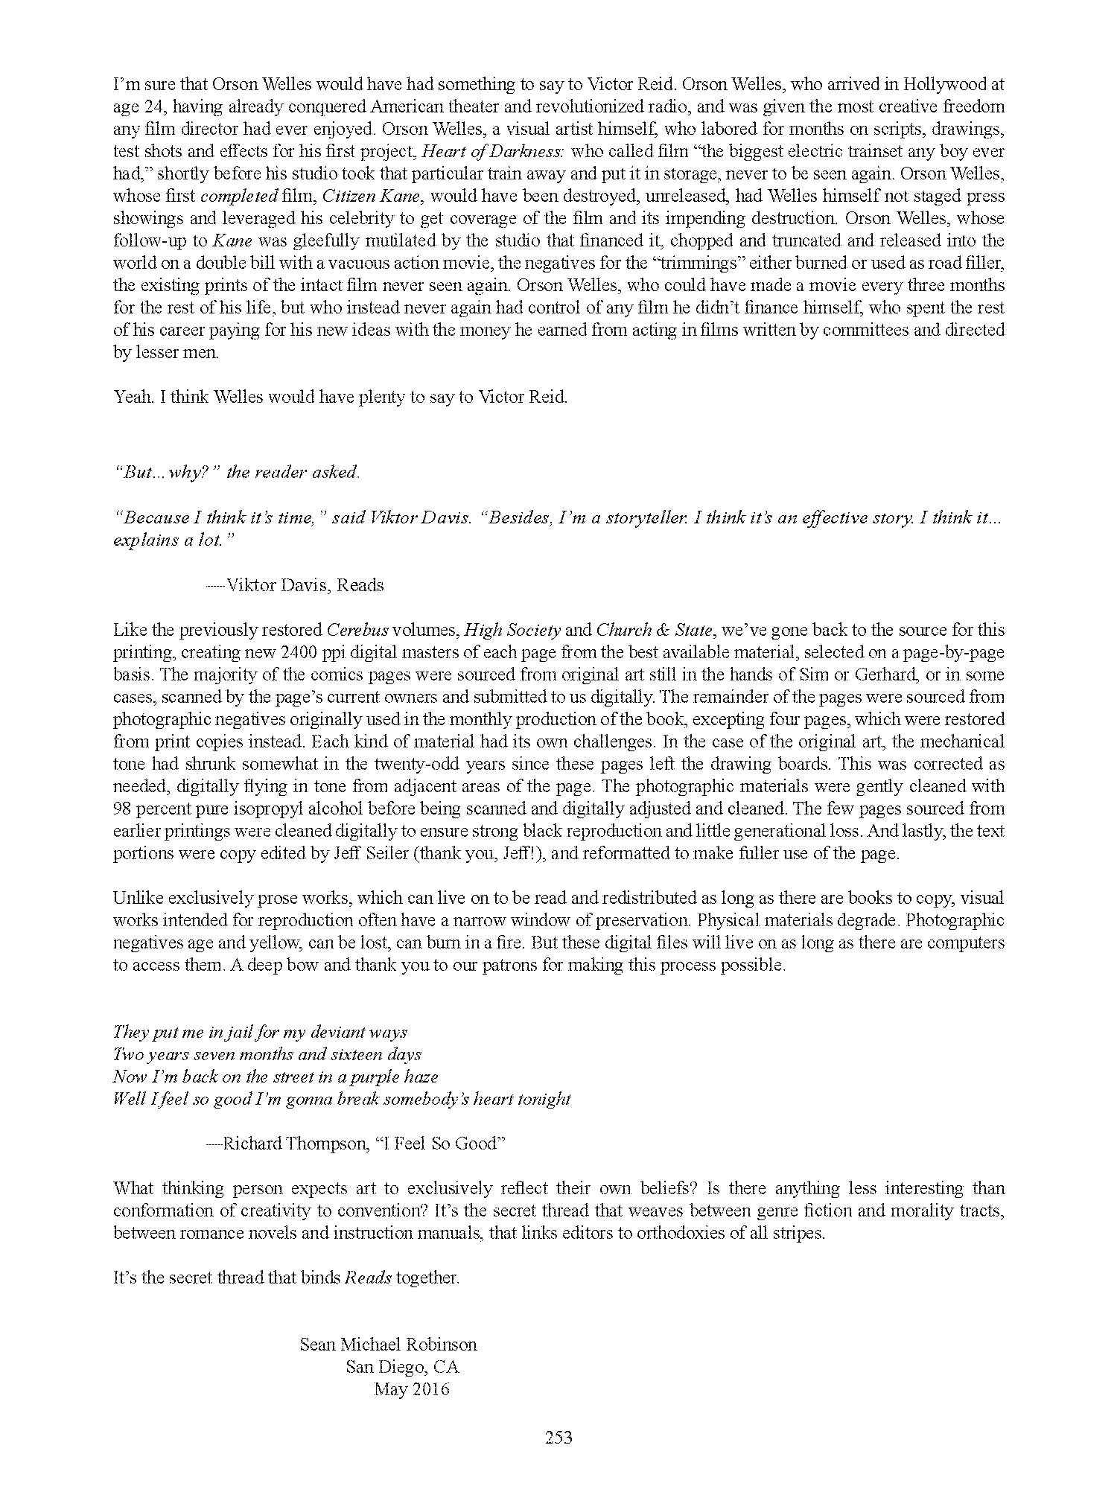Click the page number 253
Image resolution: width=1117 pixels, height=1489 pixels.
coord(558,1438)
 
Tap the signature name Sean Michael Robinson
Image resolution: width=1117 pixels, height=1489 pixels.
coord(388,1344)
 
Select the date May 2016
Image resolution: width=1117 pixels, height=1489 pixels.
coord(412,1388)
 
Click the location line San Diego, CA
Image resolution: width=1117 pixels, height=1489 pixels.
coord(402,1366)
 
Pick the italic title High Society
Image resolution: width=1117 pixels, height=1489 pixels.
coord(512,630)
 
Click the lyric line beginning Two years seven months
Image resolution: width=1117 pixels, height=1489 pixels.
coord(267,1054)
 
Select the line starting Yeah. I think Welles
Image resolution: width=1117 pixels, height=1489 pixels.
coord(340,397)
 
